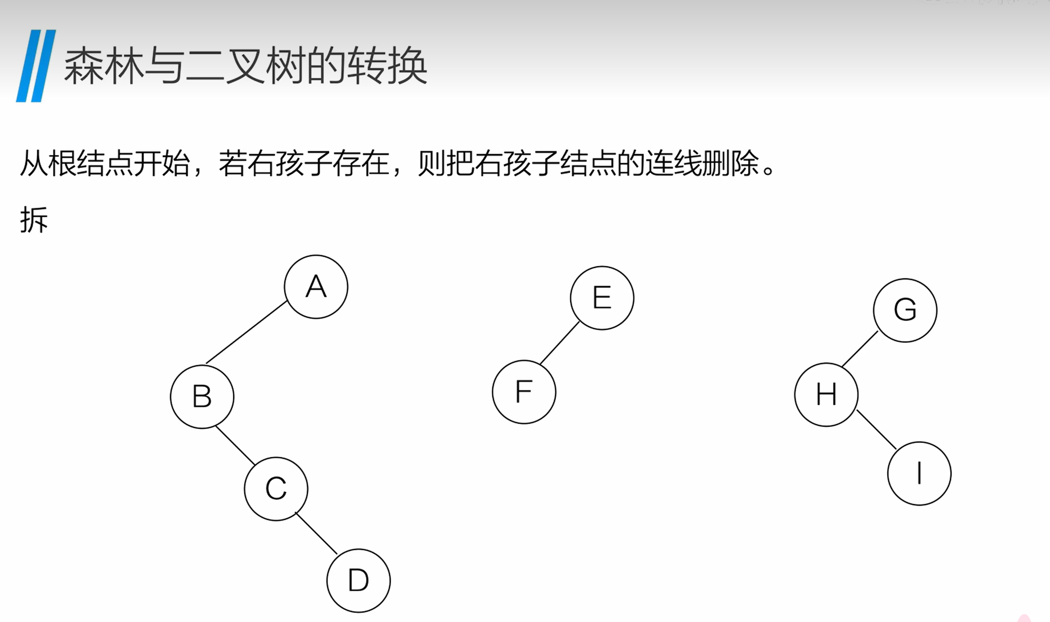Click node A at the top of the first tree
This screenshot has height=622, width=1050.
point(316,287)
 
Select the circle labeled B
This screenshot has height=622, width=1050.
point(202,396)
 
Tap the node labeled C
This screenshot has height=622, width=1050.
point(276,489)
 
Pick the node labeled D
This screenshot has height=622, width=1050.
point(359,580)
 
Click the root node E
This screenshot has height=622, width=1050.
point(602,298)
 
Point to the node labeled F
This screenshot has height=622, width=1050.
point(524,392)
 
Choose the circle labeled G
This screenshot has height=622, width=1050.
point(905,310)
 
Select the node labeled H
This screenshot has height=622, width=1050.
point(826,395)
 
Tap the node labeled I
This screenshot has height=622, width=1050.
point(919,474)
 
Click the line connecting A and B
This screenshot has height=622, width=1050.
point(246,332)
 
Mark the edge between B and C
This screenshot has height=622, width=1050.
point(235,445)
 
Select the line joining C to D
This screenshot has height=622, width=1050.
point(316,534)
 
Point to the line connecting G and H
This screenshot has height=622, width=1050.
point(860,349)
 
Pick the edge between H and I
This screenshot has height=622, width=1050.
point(876,429)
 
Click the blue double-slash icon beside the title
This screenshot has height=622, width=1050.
point(36,66)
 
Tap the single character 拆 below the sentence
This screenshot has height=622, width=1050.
point(34,219)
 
